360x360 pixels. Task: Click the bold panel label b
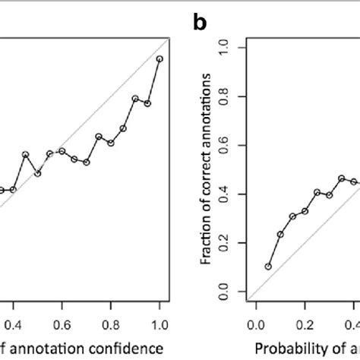(200, 24)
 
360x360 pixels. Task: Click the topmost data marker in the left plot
(159, 58)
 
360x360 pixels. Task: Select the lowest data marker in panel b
(268, 267)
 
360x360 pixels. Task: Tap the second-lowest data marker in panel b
(280, 235)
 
